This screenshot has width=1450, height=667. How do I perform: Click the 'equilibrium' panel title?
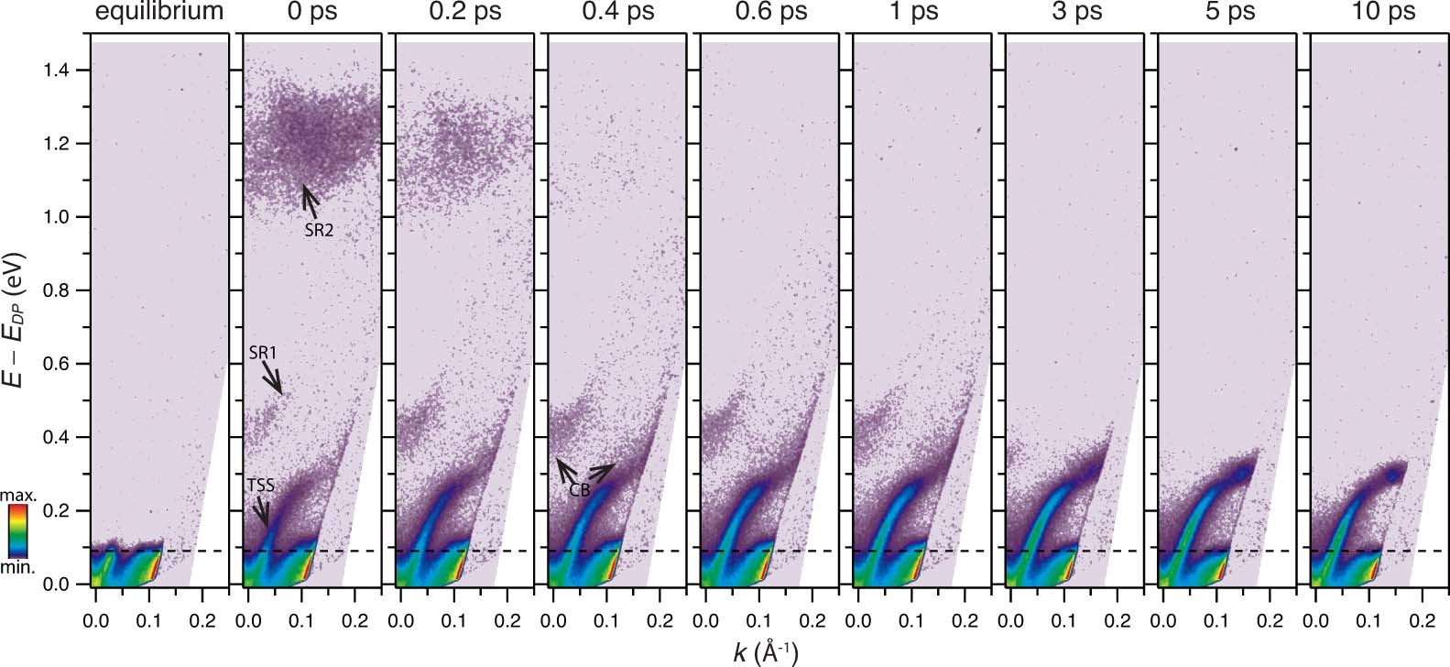[160, 12]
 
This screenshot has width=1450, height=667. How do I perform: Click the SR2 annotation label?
[319, 231]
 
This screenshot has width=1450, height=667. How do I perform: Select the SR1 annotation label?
[263, 353]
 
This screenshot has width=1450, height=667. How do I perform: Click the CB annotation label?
[579, 490]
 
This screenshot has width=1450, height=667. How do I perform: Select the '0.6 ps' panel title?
[769, 12]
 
